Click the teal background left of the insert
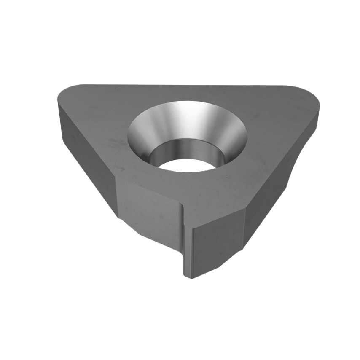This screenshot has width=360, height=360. point(25,169)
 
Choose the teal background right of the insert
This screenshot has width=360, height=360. point(337,190)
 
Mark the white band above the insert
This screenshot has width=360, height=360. point(180,34)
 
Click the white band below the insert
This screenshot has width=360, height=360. point(180,325)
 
